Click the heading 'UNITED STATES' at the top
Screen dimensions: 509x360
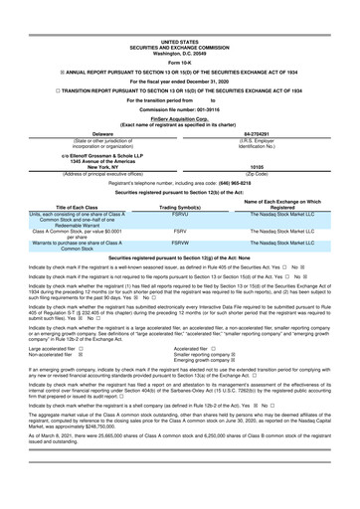[180, 14]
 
